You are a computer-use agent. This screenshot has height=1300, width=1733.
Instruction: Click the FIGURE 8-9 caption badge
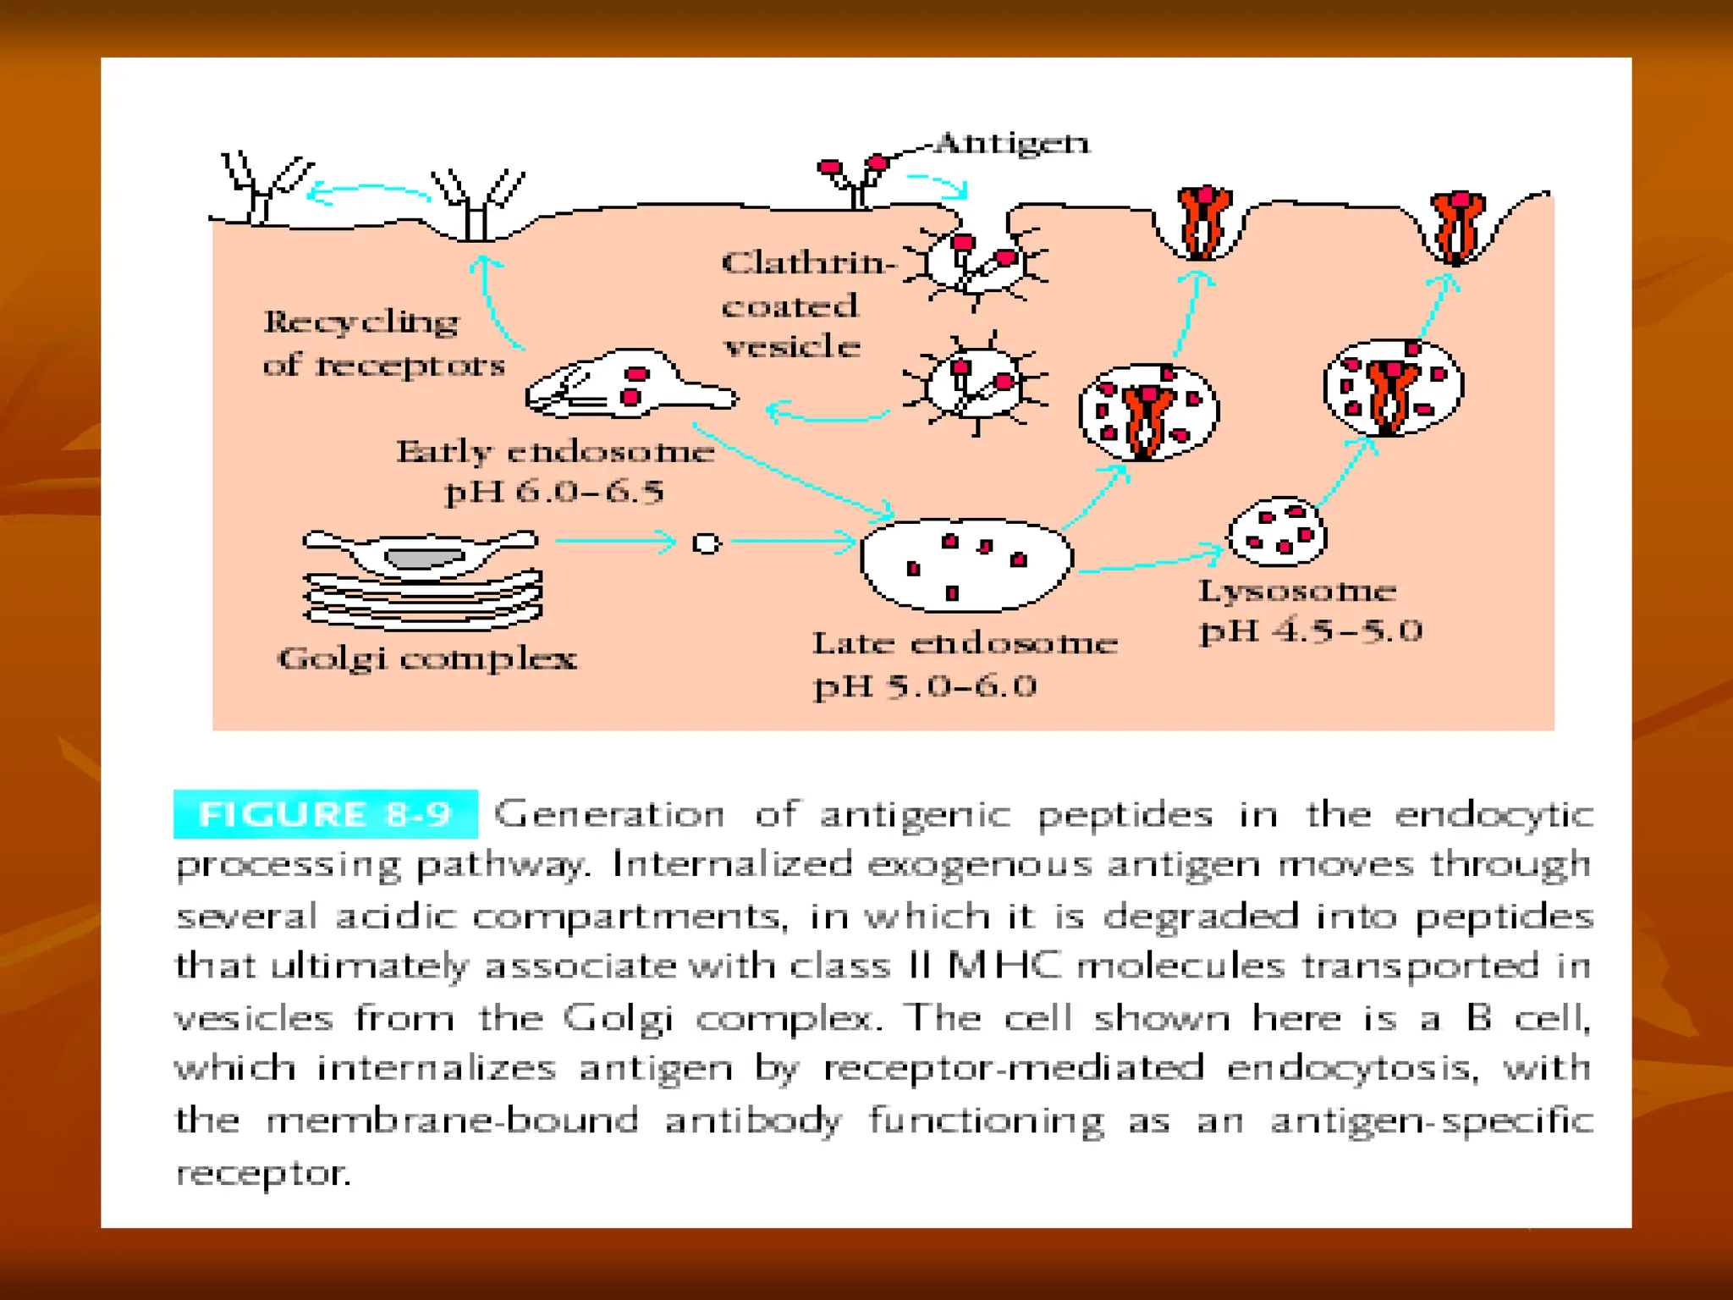click(325, 814)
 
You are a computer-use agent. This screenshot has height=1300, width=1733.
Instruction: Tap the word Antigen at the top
click(1013, 144)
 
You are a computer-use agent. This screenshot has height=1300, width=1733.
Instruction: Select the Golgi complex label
click(427, 658)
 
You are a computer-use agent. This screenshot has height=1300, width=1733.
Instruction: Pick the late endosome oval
click(966, 564)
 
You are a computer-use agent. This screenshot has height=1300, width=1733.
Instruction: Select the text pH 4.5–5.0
click(1311, 631)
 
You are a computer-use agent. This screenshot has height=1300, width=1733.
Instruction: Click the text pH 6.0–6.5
click(554, 492)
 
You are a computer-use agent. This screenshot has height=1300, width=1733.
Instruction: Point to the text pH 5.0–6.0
click(925, 686)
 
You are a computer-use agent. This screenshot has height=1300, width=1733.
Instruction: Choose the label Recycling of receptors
click(382, 344)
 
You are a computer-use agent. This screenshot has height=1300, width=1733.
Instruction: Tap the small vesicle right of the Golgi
click(706, 543)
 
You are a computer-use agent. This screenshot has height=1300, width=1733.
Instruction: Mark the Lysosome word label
click(1296, 591)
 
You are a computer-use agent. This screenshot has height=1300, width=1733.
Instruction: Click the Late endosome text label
click(965, 644)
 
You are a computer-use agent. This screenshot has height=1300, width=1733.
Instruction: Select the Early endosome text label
click(555, 452)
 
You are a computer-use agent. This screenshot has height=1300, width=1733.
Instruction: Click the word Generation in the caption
click(609, 814)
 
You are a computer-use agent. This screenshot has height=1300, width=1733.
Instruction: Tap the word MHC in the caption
click(1004, 967)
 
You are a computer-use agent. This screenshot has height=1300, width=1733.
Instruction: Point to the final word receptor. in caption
click(263, 1173)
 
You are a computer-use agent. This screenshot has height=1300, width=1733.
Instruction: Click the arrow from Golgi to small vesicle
click(614, 542)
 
